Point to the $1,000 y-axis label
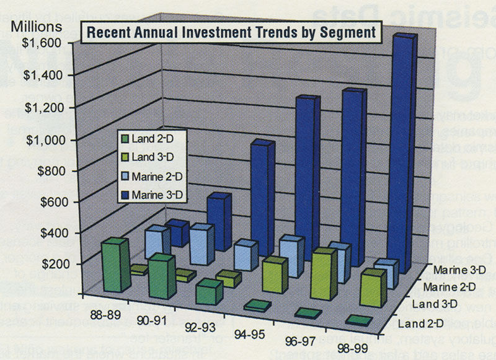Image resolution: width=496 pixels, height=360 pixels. click(40, 139)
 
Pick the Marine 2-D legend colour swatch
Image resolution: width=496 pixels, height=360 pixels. click(125, 178)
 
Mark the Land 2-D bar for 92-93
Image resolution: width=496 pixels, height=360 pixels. click(208, 291)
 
